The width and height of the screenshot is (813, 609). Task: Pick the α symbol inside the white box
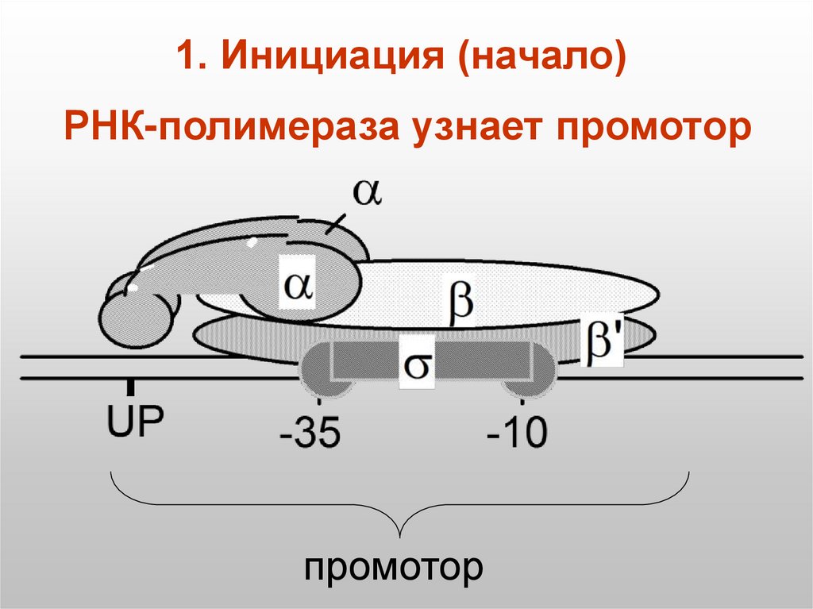pyautogui.click(x=299, y=283)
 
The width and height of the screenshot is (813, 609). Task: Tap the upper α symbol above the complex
pyautogui.click(x=367, y=193)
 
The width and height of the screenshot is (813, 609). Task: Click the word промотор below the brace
pyautogui.click(x=394, y=568)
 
